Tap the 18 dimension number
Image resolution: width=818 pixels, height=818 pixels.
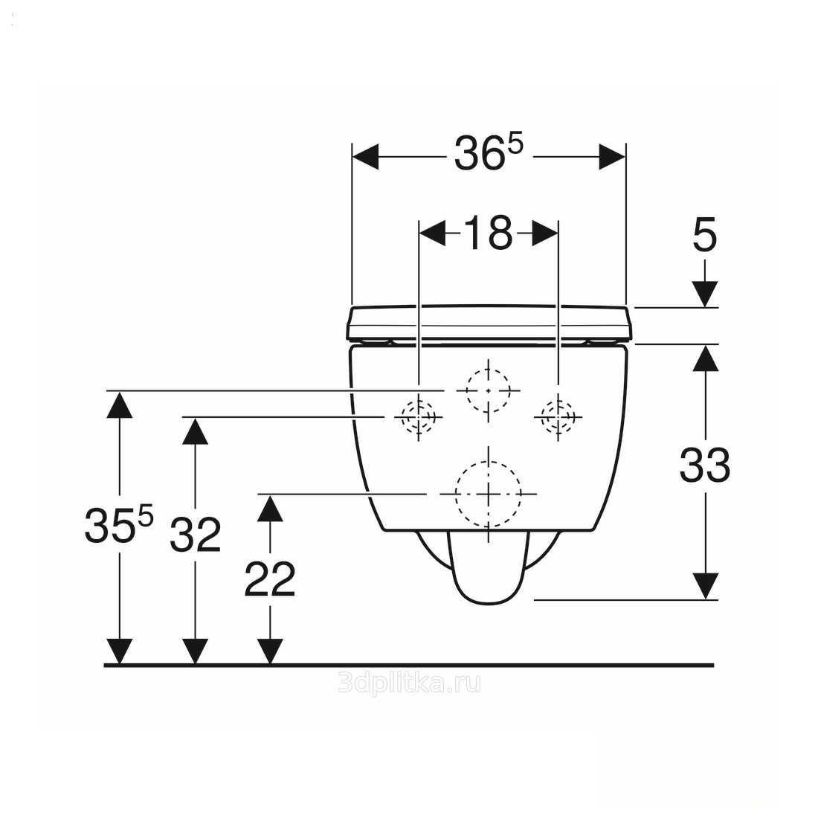tap(489, 233)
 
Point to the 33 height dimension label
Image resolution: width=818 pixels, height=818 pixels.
tap(705, 465)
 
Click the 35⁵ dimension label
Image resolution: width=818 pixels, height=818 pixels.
tap(119, 524)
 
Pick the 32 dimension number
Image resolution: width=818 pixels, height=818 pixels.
tap(196, 534)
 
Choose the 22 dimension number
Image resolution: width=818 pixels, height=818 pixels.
tap(270, 579)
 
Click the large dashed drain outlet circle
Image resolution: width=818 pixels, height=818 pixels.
tap(489, 494)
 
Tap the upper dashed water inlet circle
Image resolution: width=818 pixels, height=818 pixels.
tap(489, 390)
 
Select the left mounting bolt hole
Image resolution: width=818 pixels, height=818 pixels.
tap(419, 417)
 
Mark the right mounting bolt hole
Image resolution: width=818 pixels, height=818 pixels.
tap(558, 417)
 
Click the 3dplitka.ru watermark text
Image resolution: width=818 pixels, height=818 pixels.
tap(409, 683)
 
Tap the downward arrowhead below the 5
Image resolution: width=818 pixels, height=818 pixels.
tap(705, 294)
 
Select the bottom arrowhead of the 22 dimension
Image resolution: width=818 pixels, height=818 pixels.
tap(270, 651)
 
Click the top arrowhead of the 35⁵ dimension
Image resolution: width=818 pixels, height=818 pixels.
tap(119, 405)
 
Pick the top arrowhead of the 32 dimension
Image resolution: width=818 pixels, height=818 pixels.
tap(196, 431)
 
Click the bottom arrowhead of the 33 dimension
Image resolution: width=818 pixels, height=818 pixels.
tap(705, 587)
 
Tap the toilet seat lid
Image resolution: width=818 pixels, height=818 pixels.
tap(489, 323)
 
